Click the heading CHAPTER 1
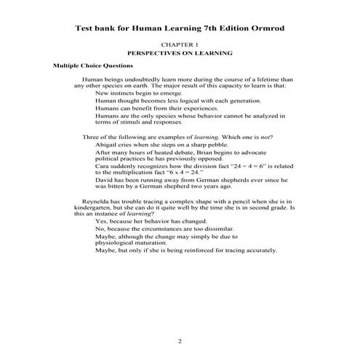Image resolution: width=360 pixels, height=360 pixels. point(180,45)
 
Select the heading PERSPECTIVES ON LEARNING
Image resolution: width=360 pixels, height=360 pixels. point(180,54)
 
